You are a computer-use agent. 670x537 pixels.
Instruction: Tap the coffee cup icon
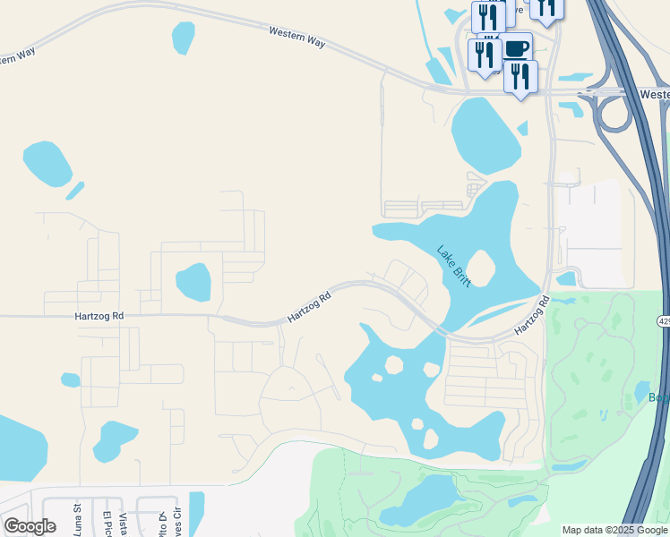click(516, 47)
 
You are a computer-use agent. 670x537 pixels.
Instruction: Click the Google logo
click(30, 526)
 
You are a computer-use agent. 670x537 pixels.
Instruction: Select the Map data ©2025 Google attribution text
click(614, 530)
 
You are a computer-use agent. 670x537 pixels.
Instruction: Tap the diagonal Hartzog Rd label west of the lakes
click(310, 306)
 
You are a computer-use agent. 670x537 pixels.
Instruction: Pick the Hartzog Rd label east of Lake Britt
click(531, 319)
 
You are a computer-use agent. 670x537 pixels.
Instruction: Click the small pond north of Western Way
click(183, 37)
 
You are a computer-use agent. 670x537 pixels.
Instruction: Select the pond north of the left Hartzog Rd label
click(193, 282)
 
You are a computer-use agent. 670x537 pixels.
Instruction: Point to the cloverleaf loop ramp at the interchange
click(610, 113)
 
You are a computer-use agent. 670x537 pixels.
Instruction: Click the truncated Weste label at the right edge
click(655, 93)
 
